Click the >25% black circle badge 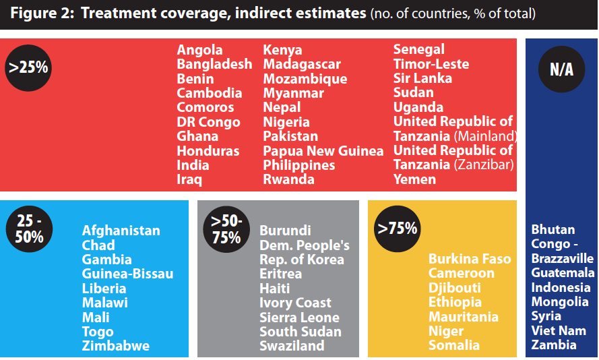point(28,67)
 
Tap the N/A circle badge point(561,70)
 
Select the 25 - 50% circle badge point(28,229)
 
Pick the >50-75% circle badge point(226,229)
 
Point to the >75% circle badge point(397,229)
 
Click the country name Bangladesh point(214,64)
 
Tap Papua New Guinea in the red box point(323,151)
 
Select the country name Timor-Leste point(431,64)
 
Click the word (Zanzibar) point(484,165)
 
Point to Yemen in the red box point(414,179)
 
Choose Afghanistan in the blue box point(121,231)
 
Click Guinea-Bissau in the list point(127,274)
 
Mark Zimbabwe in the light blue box point(116,346)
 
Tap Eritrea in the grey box point(281,274)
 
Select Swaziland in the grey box point(292,346)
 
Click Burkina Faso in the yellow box point(470,259)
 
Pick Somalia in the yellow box point(454,345)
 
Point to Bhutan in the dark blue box point(553,229)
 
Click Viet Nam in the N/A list point(559,330)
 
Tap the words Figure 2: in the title point(41,15)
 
